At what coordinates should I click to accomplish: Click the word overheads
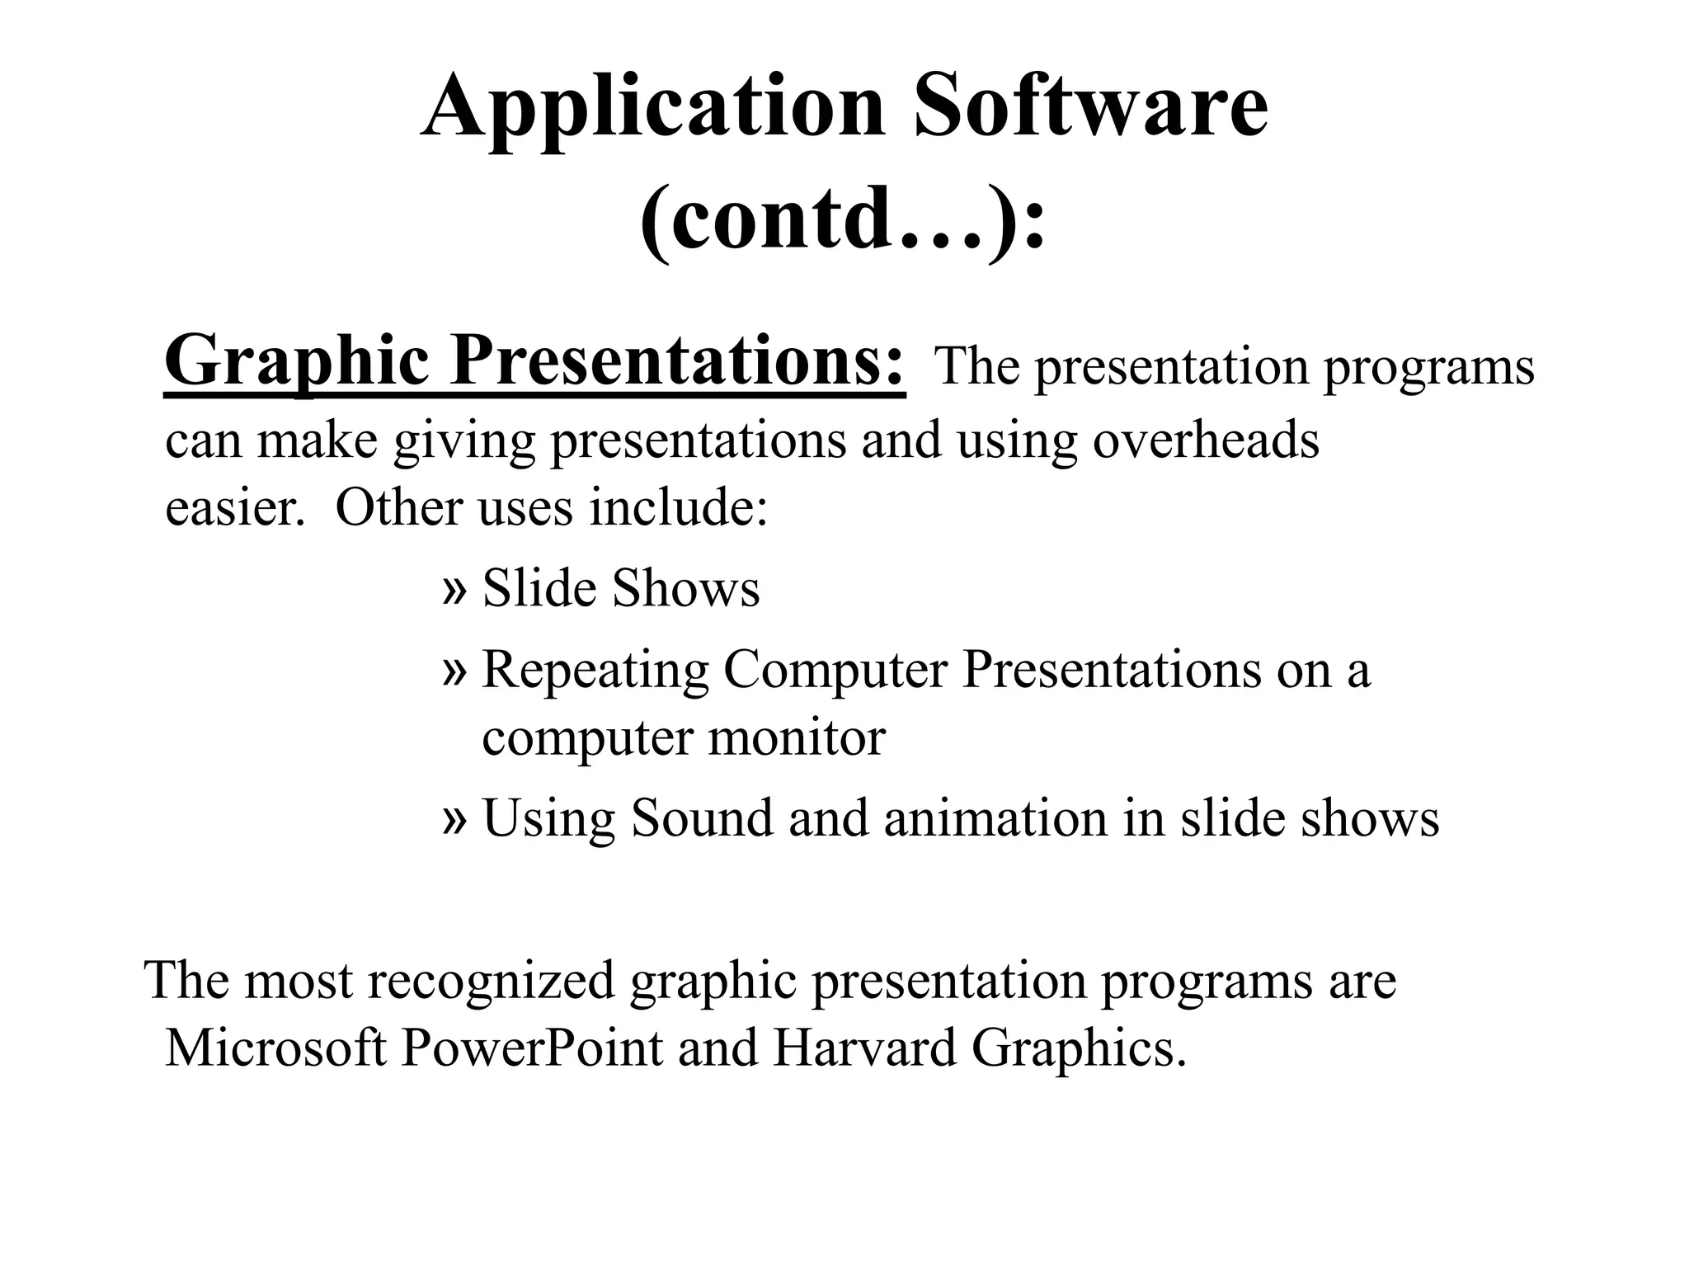[x=1206, y=440]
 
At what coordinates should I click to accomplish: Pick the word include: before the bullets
[x=678, y=507]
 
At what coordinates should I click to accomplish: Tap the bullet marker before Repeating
[x=454, y=671]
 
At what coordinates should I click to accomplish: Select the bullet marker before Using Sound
[x=454, y=819]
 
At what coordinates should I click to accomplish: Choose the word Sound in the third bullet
[x=702, y=817]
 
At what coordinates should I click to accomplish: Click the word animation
[x=995, y=817]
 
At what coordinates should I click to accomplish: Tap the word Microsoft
[x=276, y=1048]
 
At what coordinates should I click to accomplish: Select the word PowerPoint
[x=532, y=1048]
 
